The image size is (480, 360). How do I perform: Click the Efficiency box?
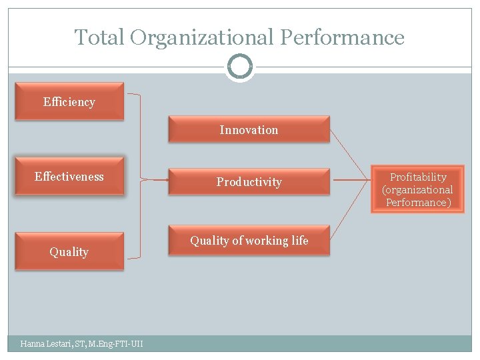click(x=69, y=101)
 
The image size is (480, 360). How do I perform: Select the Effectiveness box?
click(x=69, y=177)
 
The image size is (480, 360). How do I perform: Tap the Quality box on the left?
click(x=69, y=251)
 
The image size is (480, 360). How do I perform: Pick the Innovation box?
click(x=249, y=129)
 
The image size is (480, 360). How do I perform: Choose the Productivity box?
click(x=249, y=181)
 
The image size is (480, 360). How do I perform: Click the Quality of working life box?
click(x=249, y=241)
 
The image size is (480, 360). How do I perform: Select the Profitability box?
click(x=417, y=189)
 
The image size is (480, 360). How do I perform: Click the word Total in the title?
click(x=99, y=37)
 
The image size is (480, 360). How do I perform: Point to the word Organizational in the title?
click(x=202, y=37)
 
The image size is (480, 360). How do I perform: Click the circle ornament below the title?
click(x=240, y=67)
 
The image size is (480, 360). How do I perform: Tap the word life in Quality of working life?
click(x=298, y=241)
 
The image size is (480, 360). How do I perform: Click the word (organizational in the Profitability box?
click(x=417, y=190)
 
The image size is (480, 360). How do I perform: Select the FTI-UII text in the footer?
click(x=128, y=344)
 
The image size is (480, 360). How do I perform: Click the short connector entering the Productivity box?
click(x=155, y=180)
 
